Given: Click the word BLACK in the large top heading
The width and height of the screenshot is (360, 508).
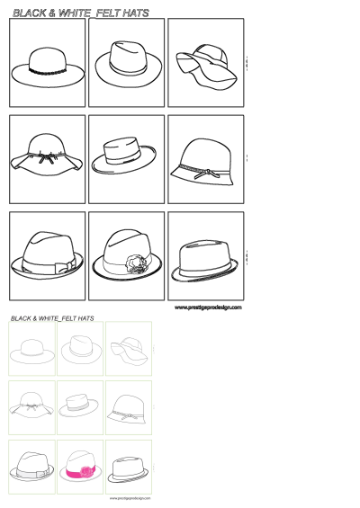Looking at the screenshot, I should (x=31, y=13).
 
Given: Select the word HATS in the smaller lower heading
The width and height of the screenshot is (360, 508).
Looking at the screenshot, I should (x=86, y=318).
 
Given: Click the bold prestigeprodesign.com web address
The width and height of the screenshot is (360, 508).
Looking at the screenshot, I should (x=208, y=307).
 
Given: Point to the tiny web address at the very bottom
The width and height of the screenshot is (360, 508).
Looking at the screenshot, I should (x=130, y=497).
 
